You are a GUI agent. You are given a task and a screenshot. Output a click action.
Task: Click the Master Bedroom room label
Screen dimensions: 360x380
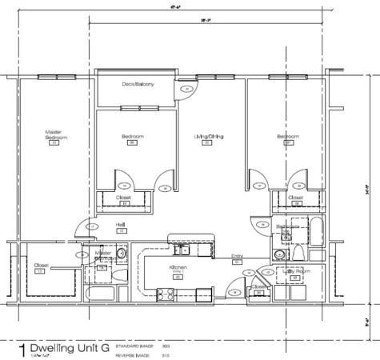click(x=54, y=134)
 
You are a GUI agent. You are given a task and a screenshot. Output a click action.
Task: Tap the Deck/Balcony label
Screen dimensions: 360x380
click(x=137, y=83)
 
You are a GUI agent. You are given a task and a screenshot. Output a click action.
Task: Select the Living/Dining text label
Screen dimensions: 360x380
click(x=208, y=137)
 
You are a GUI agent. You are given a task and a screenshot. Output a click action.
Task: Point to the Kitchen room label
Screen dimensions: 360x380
click(x=178, y=267)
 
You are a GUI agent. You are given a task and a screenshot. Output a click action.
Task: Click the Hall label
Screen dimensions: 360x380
click(x=121, y=224)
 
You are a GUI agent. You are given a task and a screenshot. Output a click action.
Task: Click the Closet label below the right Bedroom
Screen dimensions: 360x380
click(x=295, y=197)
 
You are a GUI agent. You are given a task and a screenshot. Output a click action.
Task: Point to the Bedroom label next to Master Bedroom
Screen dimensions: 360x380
click(x=132, y=137)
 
